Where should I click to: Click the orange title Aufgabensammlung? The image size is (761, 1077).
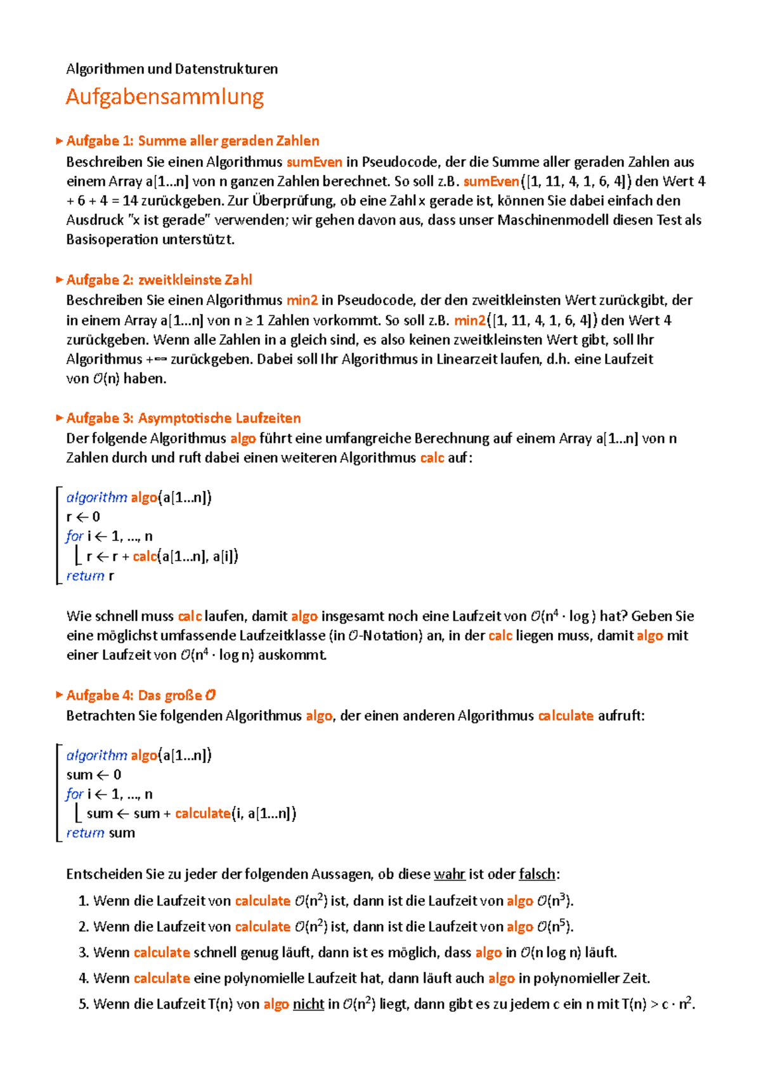[x=165, y=97]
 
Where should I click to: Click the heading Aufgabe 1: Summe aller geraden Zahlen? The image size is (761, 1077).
[x=192, y=141]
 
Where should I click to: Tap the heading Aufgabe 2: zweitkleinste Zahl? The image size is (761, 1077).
[x=159, y=280]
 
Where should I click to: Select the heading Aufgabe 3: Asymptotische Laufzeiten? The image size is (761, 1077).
[x=183, y=418]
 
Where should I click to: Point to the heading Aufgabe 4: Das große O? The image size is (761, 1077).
[x=141, y=695]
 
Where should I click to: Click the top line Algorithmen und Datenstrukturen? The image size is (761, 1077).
[x=172, y=69]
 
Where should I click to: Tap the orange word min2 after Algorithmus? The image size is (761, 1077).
[x=302, y=300]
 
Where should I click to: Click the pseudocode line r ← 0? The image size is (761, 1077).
[x=83, y=517]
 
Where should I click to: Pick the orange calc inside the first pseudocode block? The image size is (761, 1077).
[x=145, y=556]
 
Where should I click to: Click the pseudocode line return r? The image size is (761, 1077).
[x=90, y=576]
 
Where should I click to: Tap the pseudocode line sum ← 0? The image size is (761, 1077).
[x=93, y=774]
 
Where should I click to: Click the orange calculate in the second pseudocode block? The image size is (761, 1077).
[x=203, y=813]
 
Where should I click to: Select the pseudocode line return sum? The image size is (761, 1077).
[x=100, y=833]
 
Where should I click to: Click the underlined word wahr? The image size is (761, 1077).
[x=450, y=874]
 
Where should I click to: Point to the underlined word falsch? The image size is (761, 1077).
[x=537, y=874]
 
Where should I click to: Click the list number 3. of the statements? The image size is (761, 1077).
[x=84, y=953]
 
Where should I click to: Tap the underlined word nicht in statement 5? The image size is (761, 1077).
[x=308, y=1004]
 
